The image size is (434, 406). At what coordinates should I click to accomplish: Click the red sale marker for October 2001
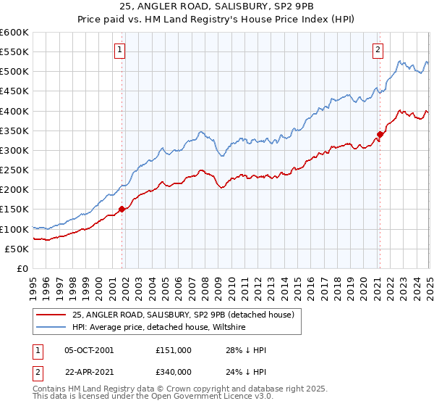click(122, 210)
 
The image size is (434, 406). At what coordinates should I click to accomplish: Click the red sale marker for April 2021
click(380, 134)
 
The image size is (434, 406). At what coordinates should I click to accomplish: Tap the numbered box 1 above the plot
click(119, 50)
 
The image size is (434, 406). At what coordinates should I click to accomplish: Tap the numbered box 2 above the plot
click(378, 50)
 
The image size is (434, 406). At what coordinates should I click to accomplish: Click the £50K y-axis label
click(17, 249)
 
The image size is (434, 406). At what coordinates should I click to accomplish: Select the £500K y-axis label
click(14, 72)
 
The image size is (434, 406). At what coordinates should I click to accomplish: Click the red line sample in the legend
click(51, 315)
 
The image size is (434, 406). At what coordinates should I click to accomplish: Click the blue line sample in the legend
click(51, 328)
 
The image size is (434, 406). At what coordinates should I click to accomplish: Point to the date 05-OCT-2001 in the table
click(88, 350)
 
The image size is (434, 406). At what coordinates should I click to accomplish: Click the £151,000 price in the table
click(173, 350)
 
